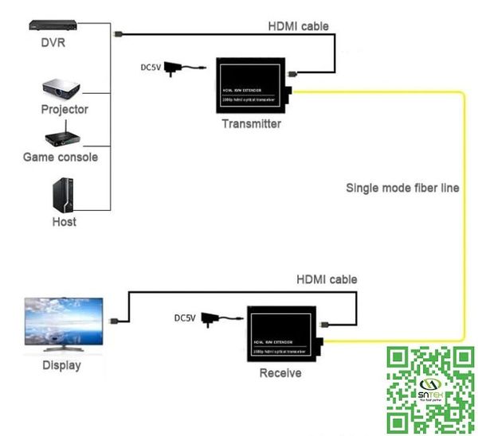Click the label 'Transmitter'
coord(251,124)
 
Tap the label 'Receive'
coord(280,372)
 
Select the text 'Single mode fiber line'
coord(402,189)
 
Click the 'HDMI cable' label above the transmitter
coord(298,26)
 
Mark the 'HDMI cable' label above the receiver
coord(327,279)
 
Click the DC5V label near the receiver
coord(185,318)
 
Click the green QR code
coord(430,389)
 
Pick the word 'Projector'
coord(65,109)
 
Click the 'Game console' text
coord(61,157)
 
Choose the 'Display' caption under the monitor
coord(61,366)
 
